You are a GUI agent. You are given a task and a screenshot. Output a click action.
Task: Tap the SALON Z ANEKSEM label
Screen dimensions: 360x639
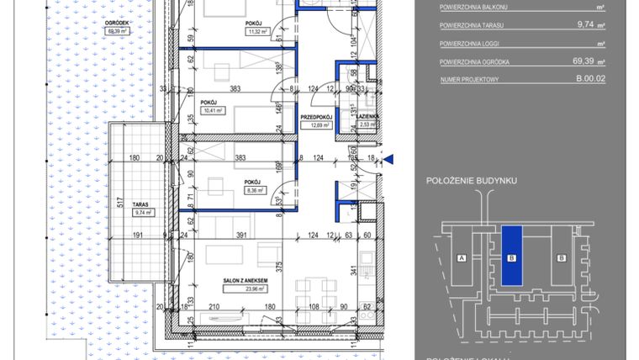point(246,280)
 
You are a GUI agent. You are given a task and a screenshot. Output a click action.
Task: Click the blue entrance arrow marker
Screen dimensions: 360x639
point(388,157)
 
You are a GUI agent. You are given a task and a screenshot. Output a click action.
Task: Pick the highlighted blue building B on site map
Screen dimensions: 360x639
point(511,257)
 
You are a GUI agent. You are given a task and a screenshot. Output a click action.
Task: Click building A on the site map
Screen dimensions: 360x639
point(462,257)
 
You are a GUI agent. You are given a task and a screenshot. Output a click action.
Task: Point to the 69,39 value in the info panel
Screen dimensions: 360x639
point(584,61)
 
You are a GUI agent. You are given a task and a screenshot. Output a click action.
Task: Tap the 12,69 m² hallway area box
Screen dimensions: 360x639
point(314,125)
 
